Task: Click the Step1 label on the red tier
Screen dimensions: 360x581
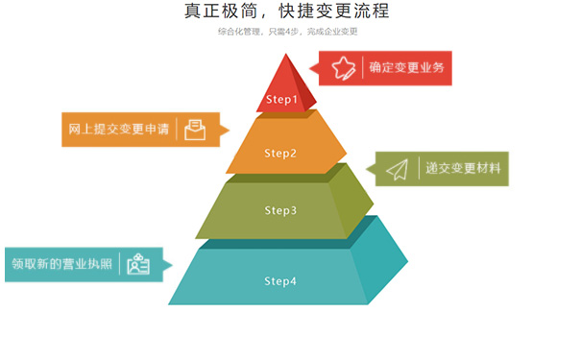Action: coord(281,99)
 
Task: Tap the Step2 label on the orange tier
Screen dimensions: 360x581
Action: coord(280,153)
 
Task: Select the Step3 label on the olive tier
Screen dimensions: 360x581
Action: coord(280,210)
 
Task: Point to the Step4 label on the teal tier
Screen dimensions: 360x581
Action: coord(280,281)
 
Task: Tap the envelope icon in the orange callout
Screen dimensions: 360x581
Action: coord(195,129)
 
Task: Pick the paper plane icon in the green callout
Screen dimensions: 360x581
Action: coord(398,169)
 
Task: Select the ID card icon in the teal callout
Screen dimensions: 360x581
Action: coord(138,264)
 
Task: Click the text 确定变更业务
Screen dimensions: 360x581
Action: coord(407,68)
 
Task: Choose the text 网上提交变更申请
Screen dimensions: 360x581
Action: coord(119,129)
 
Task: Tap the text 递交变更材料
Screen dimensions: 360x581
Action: coord(463,169)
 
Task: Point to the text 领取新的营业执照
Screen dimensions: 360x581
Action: coord(61,264)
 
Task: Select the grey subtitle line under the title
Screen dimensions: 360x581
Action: coord(287,32)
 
